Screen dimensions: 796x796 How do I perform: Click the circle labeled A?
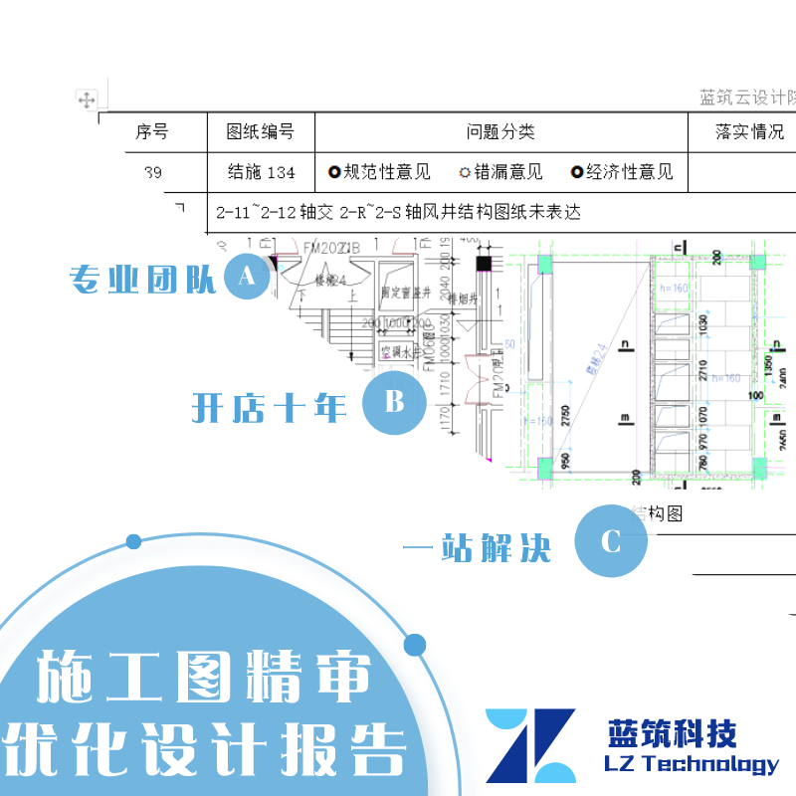pos(248,279)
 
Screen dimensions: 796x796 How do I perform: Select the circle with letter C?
pos(611,542)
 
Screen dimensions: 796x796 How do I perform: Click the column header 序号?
pos(151,131)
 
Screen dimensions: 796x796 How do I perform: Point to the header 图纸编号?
pos(261,131)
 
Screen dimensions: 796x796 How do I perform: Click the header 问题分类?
pos(500,131)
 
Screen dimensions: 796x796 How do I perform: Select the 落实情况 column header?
pos(749,131)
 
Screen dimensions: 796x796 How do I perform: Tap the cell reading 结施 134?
pos(261,172)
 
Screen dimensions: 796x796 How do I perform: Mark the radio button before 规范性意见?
pos(334,172)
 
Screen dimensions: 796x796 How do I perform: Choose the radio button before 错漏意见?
pos(465,172)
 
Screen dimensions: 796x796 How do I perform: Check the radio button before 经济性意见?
pos(577,172)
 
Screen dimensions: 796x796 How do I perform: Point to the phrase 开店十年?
pos(269,407)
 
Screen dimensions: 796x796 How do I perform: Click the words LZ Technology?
pos(692,764)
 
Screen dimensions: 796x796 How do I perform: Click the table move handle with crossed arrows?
pos(87,99)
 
